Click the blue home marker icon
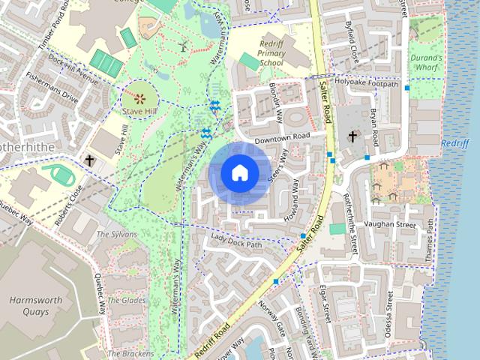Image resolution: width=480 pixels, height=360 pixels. click(x=239, y=172)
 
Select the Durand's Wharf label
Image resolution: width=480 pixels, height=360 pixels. click(x=427, y=62)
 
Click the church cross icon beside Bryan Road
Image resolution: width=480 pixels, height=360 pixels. click(x=352, y=136)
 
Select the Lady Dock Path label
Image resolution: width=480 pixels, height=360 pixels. click(x=236, y=241)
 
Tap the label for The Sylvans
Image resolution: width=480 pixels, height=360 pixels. click(x=117, y=235)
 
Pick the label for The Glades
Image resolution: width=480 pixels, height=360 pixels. click(x=125, y=300)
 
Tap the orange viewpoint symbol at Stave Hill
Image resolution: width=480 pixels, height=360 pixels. click(x=139, y=98)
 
